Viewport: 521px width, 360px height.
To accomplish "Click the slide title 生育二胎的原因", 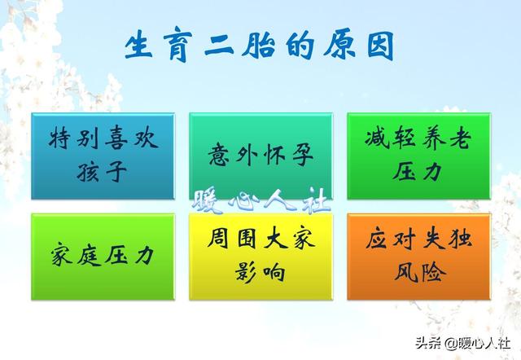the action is (259, 46).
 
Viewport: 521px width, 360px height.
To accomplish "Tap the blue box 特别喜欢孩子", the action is (103, 156).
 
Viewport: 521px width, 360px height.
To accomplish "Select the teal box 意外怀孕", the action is (260, 156).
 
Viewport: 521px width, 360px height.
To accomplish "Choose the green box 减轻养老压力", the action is (418, 156).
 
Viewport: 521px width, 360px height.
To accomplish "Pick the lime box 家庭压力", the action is (103, 257).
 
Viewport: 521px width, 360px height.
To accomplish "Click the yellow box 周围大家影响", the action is (260, 257).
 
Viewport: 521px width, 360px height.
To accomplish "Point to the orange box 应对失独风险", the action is (418, 257).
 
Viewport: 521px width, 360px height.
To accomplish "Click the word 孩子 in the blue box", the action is (102, 172).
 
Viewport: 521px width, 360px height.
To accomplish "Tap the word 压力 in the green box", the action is (418, 171).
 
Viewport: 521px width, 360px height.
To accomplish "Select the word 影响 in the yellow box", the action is (260, 273).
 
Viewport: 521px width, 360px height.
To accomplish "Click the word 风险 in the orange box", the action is (420, 272).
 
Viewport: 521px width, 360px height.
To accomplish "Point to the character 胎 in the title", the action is (259, 46).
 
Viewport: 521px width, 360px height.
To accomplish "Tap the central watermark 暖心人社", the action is (261, 200).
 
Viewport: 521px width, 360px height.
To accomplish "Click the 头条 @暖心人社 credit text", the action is (462, 343).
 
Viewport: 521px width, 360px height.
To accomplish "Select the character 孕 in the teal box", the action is (303, 155).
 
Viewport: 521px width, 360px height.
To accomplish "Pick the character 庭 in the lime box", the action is (89, 256).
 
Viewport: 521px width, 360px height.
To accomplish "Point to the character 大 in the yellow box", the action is (276, 238).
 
